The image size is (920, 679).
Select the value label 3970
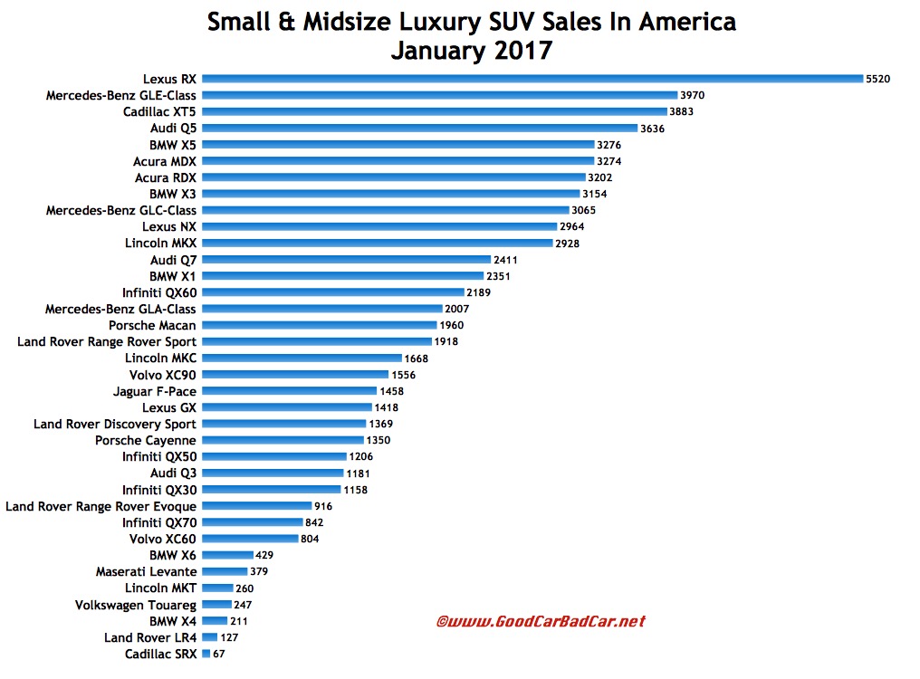tap(695, 95)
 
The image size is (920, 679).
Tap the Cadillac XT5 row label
tap(160, 111)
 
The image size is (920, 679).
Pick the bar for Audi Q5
tap(420, 128)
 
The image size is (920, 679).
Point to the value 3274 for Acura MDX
tap(610, 161)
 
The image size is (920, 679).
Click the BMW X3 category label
tap(173, 194)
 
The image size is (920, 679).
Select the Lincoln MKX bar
tap(378, 244)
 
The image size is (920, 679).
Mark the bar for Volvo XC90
tap(295, 375)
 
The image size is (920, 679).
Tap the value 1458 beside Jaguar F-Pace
tap(391, 391)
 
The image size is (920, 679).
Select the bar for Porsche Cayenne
tap(283, 440)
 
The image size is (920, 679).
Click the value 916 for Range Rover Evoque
tap(325, 506)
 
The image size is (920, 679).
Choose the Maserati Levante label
tap(146, 571)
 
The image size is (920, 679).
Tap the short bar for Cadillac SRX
tap(206, 654)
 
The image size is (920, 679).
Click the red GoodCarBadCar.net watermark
tap(541, 622)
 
